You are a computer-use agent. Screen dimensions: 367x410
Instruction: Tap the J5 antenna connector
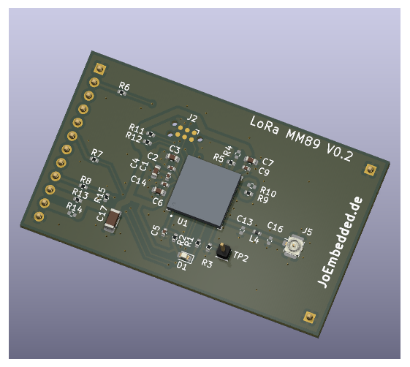(294, 248)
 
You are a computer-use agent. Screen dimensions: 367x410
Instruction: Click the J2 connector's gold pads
(187, 132)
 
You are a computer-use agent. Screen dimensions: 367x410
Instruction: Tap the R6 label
(124, 86)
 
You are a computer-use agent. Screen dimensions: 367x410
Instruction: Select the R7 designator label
(96, 154)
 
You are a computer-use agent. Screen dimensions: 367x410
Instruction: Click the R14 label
(74, 207)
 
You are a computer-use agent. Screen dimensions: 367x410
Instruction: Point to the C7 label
(267, 162)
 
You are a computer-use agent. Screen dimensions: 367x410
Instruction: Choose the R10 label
(267, 192)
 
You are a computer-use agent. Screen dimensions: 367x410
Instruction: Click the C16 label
(275, 227)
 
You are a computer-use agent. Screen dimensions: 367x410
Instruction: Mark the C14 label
(138, 180)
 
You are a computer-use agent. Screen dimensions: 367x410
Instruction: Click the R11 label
(135, 128)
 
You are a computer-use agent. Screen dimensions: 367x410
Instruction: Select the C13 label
(245, 220)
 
